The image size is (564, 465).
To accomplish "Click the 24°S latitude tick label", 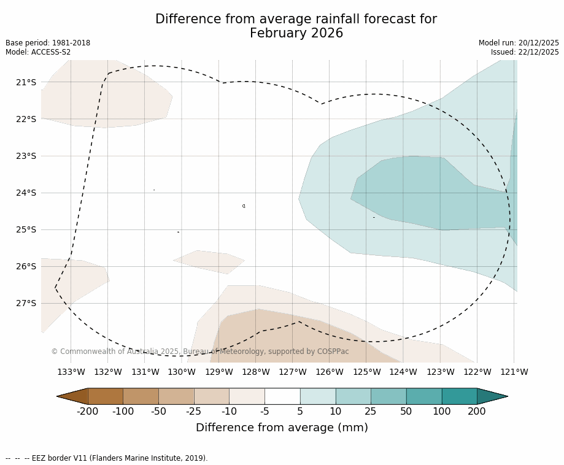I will (x=25, y=193).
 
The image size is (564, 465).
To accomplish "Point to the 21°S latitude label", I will (x=25, y=82).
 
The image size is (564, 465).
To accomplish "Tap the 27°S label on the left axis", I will (x=25, y=303).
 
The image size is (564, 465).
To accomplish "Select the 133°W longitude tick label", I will (x=71, y=372).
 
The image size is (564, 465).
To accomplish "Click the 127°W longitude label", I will (x=293, y=372).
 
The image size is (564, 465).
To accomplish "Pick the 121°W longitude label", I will (x=514, y=372).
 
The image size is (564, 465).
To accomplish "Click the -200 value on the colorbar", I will (x=88, y=411).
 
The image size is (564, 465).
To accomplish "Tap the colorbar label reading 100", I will (x=441, y=411).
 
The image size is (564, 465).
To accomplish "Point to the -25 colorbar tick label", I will (x=194, y=411).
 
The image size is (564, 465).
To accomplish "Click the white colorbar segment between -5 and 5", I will (x=282, y=396).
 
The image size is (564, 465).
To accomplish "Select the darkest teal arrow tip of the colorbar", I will (x=492, y=396).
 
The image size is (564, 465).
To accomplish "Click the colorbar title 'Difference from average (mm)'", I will (x=282, y=428).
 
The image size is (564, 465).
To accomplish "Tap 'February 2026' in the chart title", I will (x=296, y=34).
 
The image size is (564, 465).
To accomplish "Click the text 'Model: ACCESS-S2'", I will (x=38, y=52).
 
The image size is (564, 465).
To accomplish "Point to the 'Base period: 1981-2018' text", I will (x=48, y=43).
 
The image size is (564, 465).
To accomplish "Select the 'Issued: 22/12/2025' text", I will (x=525, y=52).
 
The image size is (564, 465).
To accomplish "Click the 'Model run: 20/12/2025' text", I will (x=519, y=43).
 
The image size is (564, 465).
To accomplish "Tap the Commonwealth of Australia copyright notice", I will (x=200, y=352).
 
